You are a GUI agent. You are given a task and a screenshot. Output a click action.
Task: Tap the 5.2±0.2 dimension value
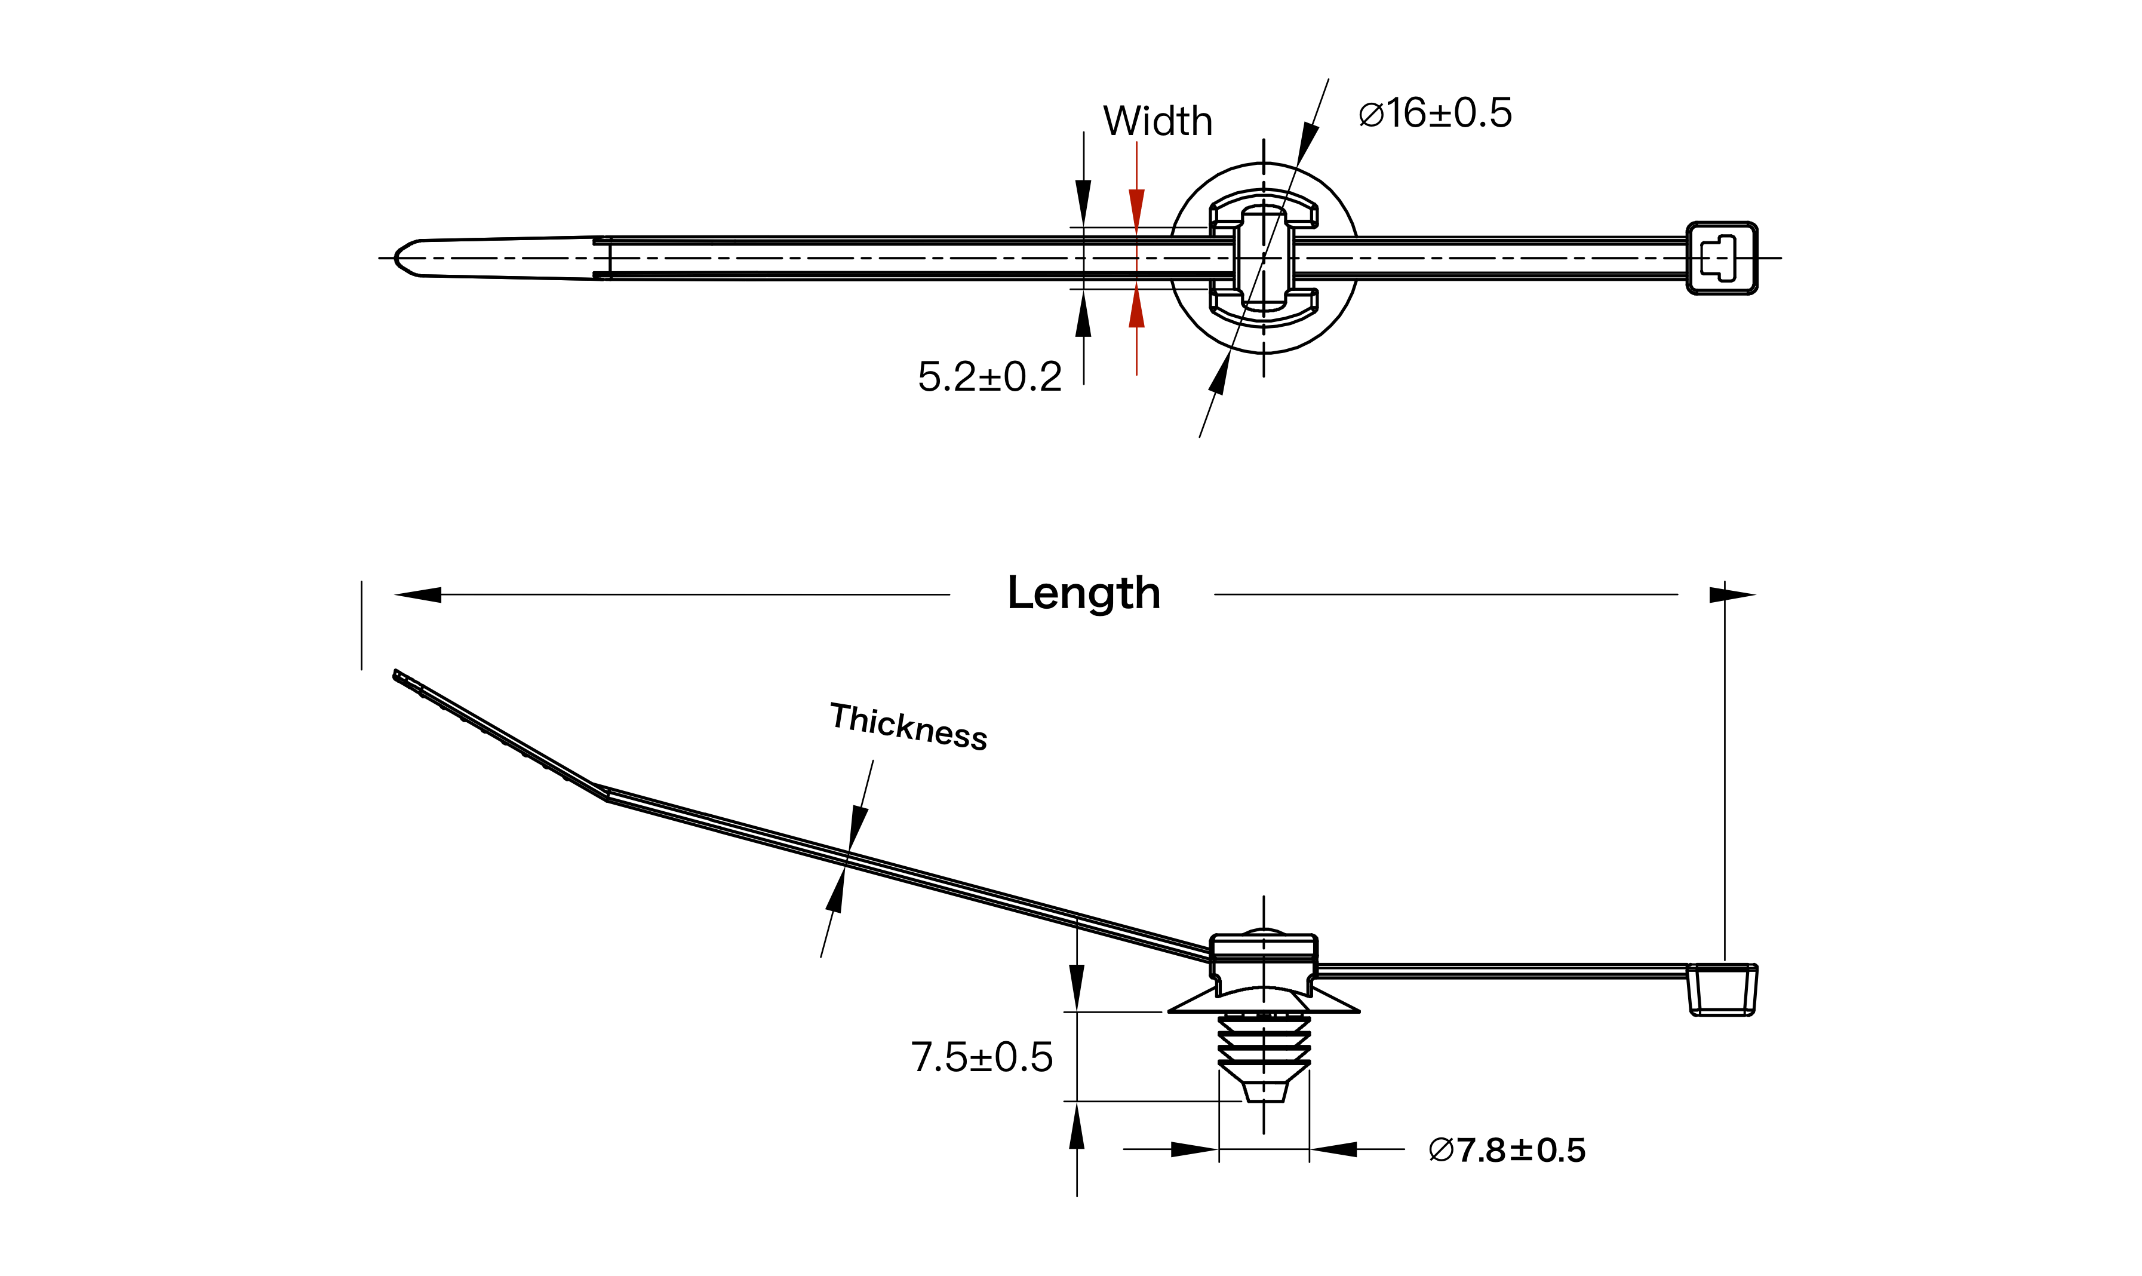coord(989,376)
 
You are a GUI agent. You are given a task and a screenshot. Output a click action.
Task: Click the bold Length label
coord(1083,593)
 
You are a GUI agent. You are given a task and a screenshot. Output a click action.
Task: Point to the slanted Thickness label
coord(908,726)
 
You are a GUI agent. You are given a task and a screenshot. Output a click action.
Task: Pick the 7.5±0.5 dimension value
coord(982,1057)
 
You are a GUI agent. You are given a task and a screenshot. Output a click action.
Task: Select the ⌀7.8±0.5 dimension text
coord(1506,1149)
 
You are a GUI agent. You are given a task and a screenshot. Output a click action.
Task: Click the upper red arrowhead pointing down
coord(1136,208)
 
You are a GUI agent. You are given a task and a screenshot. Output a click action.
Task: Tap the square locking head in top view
coord(1721,258)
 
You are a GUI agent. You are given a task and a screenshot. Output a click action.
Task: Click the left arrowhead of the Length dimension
coord(419,594)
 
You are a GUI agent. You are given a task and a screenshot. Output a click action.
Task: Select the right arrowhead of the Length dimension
coord(1731,594)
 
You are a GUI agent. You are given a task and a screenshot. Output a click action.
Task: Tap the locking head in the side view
coord(1722,990)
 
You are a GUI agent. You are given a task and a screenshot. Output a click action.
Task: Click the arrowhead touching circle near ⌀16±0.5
coord(1307,143)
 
